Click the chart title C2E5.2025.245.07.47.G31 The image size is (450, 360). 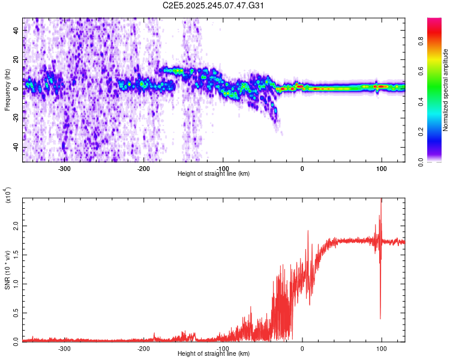click(214, 5)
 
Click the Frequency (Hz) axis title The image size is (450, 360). click(7, 90)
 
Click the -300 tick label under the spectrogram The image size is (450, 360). click(64, 168)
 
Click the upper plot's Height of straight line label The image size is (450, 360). click(214, 173)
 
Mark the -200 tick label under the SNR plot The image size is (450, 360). click(143, 348)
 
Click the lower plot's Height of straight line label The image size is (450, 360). click(214, 353)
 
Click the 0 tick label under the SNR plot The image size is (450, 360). click(302, 348)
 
